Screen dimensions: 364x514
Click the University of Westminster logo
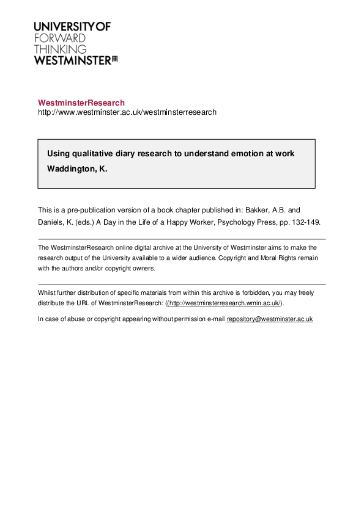75,43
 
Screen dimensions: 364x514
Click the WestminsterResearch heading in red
81,103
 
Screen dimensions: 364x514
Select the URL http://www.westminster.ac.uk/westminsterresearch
127,112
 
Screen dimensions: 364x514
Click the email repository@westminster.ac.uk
270,319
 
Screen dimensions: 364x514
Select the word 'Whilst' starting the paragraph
47,293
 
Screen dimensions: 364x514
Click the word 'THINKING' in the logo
60,49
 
